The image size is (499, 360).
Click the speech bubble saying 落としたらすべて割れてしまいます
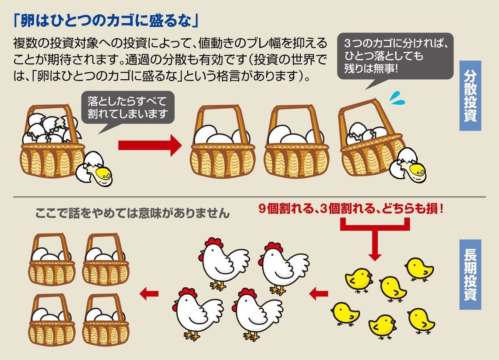pos(127,108)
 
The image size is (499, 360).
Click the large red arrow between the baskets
pos(149,145)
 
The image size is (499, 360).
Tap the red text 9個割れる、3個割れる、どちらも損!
pos(351,209)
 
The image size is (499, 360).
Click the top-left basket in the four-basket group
pos(52,261)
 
